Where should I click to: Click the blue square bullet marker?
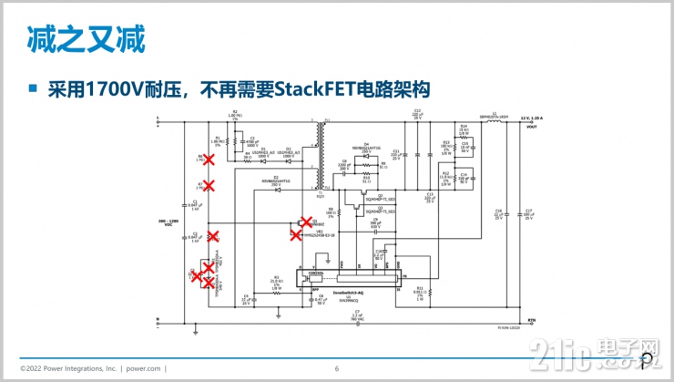point(34,89)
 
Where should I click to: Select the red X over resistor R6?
point(208,160)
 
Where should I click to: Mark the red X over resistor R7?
point(208,186)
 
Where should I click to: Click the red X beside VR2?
point(296,234)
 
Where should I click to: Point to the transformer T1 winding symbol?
point(320,155)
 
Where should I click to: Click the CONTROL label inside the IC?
point(317,271)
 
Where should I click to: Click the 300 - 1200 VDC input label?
point(165,222)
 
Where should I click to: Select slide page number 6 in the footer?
point(336,368)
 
